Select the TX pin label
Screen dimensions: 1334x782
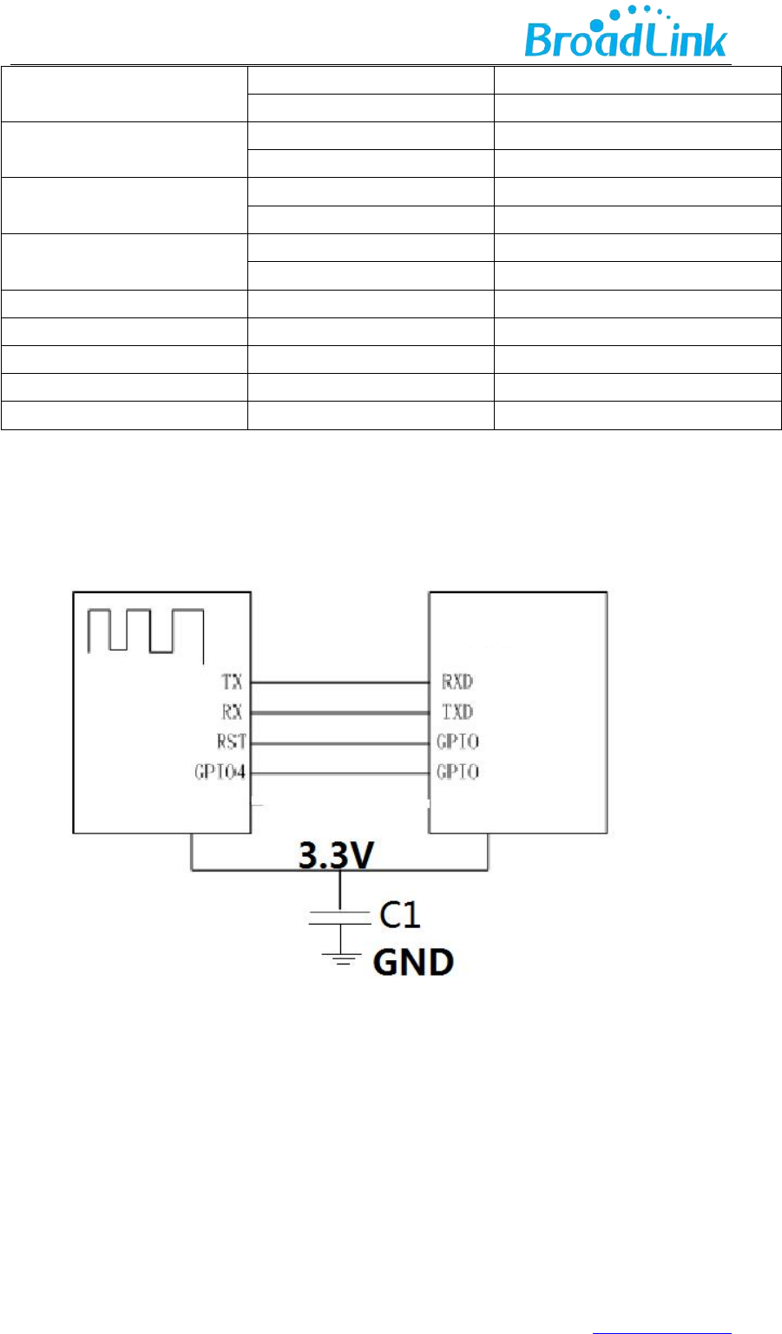point(232,683)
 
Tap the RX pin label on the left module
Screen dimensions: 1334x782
point(232,712)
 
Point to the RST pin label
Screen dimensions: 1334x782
point(231,742)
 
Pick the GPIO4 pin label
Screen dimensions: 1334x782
point(220,772)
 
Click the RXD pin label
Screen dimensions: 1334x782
point(457,683)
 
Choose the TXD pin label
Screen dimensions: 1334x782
point(457,712)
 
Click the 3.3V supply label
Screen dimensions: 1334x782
point(336,856)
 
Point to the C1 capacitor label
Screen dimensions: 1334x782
point(402,914)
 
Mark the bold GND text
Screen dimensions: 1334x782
point(413,963)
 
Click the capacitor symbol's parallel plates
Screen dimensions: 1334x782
point(339,918)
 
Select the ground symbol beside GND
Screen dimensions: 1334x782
point(339,958)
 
